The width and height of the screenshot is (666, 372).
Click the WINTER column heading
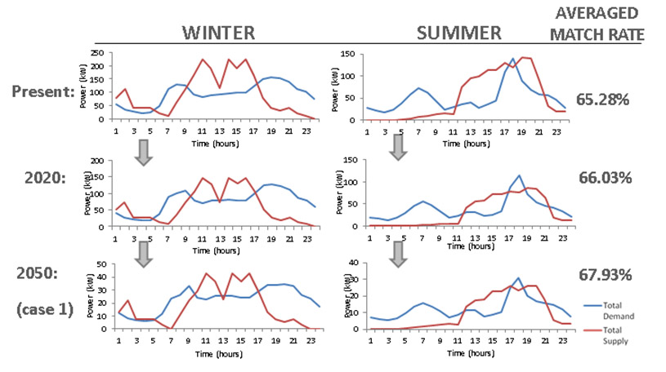[x=218, y=33]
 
